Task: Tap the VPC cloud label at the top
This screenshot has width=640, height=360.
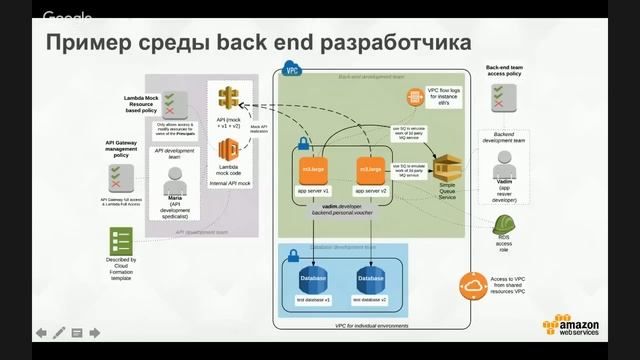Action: pyautogui.click(x=292, y=71)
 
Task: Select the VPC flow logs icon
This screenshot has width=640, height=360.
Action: pyautogui.click(x=414, y=97)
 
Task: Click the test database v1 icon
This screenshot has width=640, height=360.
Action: pyautogui.click(x=312, y=278)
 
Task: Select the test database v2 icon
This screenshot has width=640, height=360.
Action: pyautogui.click(x=369, y=278)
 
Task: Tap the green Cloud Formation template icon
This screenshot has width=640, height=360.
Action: pyautogui.click(x=121, y=241)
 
